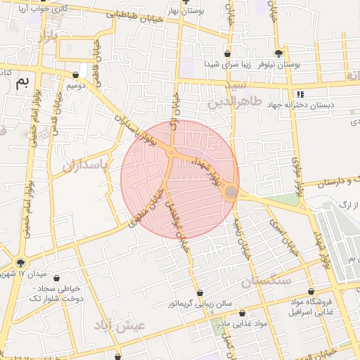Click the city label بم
tap(23, 83)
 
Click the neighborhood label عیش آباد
tap(122, 326)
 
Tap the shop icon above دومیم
tap(76, 74)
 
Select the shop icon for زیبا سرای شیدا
tap(227, 53)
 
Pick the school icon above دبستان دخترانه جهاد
tap(300, 94)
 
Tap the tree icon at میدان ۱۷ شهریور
tap(20, 262)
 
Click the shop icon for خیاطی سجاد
tap(57, 278)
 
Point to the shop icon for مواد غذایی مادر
tap(243, 313)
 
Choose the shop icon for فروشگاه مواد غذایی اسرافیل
tap(311, 291)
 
